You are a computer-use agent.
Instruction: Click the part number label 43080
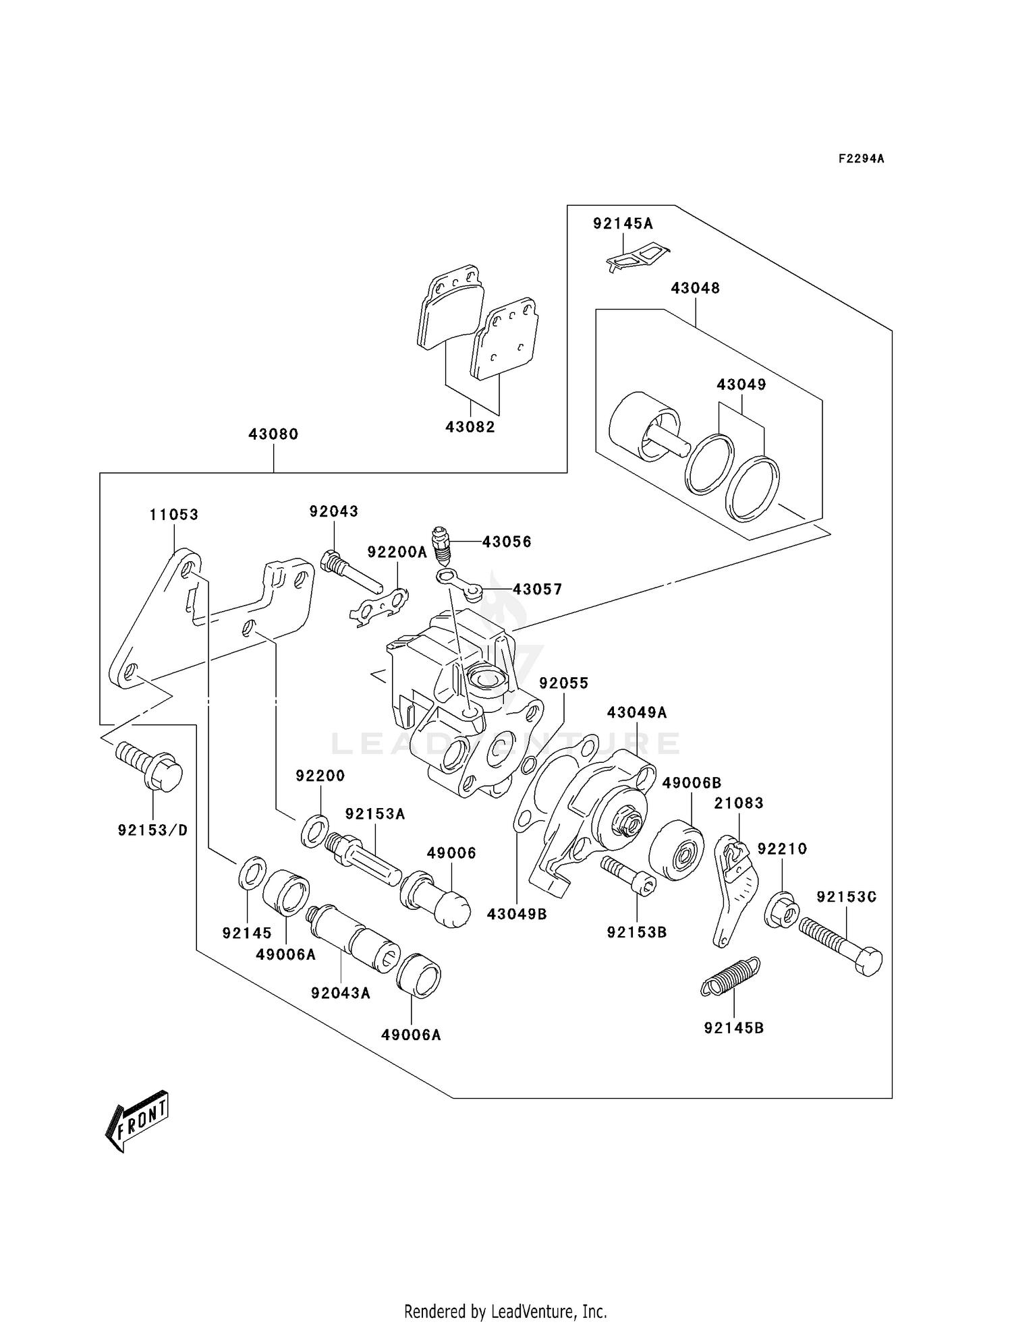pos(273,434)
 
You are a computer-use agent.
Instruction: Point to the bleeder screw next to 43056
pos(442,544)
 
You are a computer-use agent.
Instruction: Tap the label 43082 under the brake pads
pos(470,427)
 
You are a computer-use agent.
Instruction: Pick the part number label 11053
pos(174,515)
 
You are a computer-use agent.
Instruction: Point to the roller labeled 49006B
pos(676,851)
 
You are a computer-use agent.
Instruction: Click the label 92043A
pos(341,993)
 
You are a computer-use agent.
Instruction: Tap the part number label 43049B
pos(517,914)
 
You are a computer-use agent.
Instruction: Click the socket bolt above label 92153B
pos(628,875)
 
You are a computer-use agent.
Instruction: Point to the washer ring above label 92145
pos(252,873)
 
